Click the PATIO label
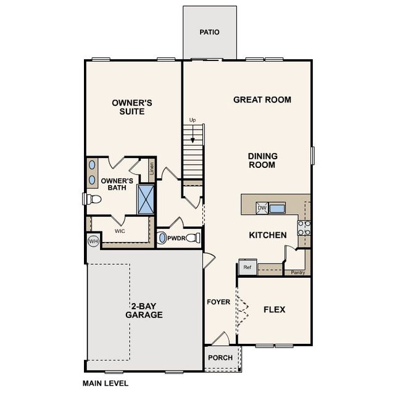209,32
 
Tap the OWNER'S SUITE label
132,107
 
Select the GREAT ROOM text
262,99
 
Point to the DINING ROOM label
262,160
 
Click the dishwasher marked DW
261,209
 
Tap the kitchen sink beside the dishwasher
277,209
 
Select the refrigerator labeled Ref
247,267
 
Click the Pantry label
298,272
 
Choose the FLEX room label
274,309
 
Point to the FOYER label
218,302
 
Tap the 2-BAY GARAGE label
144,310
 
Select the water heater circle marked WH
94,241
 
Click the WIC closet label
121,231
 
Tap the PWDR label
177,238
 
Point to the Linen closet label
151,167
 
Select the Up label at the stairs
193,120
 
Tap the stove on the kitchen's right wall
303,228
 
